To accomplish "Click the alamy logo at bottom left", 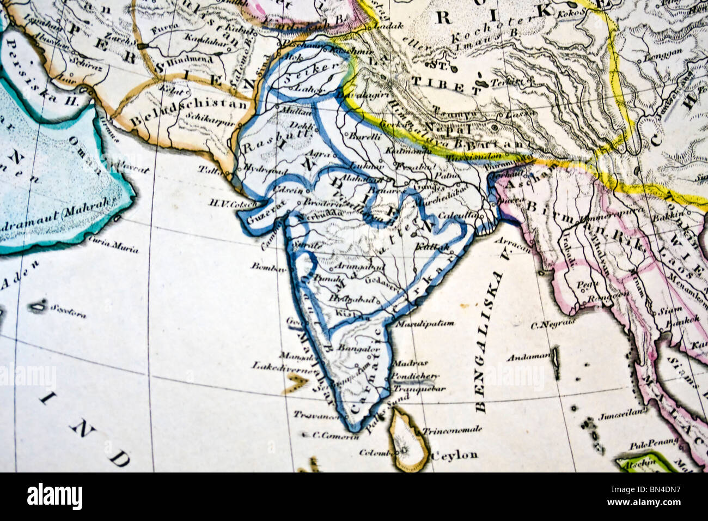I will pyautogui.click(x=54, y=496).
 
